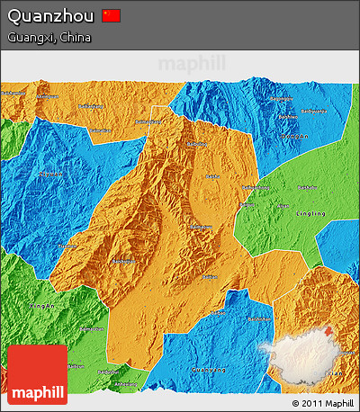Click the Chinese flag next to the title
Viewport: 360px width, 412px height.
[111, 15]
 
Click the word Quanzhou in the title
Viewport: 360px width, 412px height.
[49, 16]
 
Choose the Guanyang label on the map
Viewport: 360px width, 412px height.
[209, 369]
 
